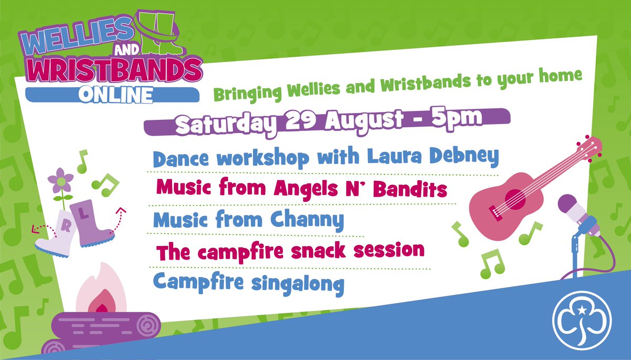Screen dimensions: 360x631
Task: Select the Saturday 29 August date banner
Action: coord(326,122)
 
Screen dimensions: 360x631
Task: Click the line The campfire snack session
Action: coord(290,251)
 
